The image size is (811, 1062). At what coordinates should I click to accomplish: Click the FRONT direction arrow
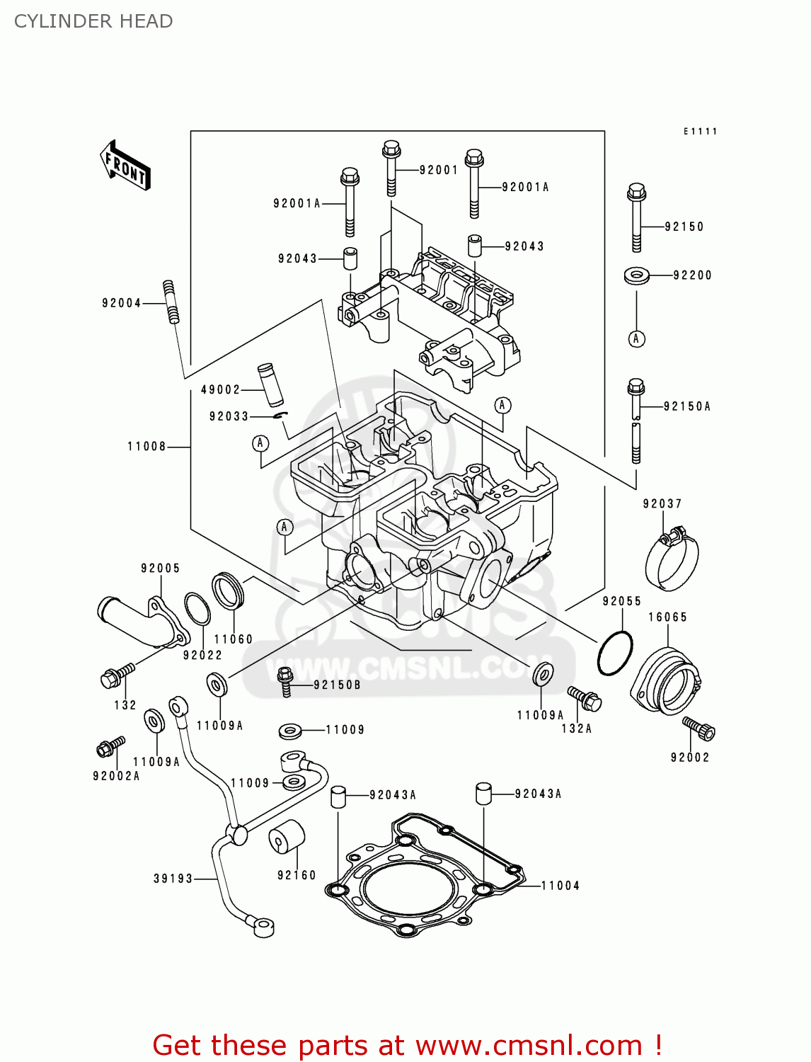(125, 166)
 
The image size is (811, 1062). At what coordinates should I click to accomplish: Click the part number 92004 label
(122, 303)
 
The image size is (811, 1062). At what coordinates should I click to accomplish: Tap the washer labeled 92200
(637, 275)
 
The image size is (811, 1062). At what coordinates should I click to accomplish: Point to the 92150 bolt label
(684, 227)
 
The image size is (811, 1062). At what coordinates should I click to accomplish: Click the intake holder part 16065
(665, 680)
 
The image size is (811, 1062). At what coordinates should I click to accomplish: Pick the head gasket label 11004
(560, 886)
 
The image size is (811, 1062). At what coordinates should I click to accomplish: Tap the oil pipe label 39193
(173, 879)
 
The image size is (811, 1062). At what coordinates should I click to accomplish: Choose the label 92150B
(337, 685)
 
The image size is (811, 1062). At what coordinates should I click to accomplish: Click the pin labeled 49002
(270, 384)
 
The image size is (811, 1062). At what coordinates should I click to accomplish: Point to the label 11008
(146, 447)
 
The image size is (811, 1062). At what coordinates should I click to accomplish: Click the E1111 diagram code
(700, 132)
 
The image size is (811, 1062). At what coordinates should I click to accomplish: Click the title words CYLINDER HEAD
(93, 21)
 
